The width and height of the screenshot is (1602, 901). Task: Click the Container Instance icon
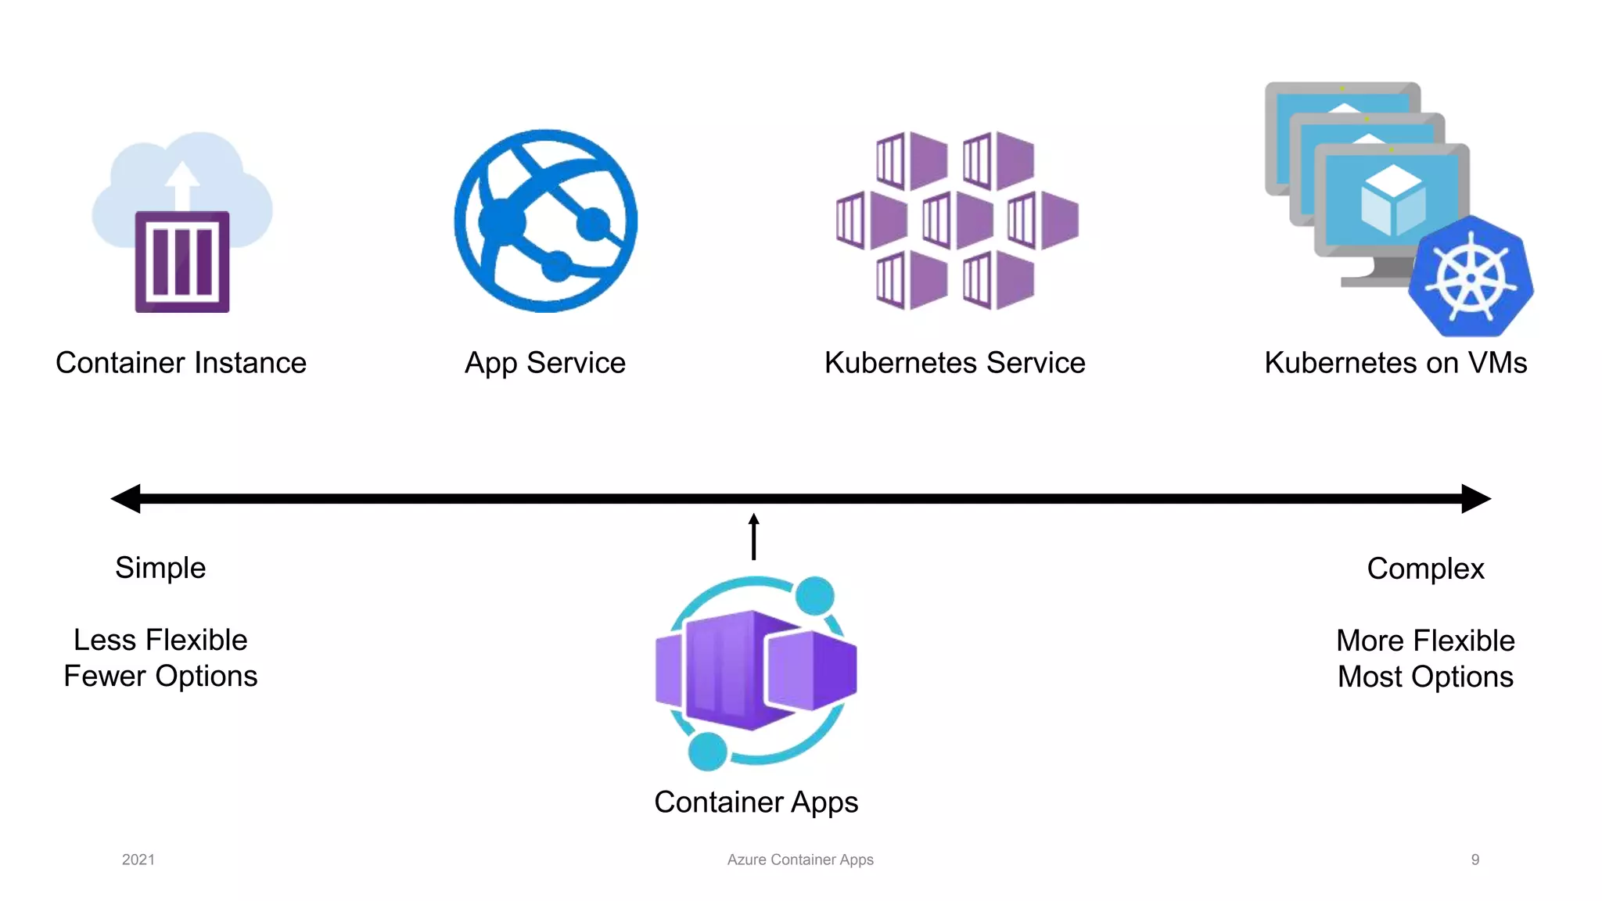pos(182,223)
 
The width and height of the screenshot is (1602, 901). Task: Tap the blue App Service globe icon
pos(546,221)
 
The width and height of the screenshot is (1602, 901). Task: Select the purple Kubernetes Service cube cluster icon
pos(957,221)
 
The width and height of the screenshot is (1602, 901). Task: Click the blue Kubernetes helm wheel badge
pos(1471,277)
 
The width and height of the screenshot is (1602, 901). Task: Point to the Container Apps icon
pos(756,671)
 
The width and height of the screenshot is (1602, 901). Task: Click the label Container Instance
pos(181,363)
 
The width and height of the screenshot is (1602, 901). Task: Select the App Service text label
pos(545,364)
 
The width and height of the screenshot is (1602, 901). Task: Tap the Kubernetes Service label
pos(954,363)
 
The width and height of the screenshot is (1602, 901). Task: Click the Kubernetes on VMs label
pos(1395,363)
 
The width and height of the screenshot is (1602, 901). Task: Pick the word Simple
pos(160,568)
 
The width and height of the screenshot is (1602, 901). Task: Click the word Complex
pos(1425,569)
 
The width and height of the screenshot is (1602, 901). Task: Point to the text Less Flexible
pos(160,640)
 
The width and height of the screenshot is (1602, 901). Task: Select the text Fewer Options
pos(160,676)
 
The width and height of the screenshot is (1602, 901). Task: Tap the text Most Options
pos(1425,677)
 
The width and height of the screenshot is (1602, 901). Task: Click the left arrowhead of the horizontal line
pos(126,498)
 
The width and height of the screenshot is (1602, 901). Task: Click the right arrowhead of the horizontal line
pos(1476,498)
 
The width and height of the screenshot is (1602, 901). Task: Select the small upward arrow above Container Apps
pos(754,536)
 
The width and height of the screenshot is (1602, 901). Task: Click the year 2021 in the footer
pos(138,860)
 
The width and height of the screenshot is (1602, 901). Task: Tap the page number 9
pos(1475,860)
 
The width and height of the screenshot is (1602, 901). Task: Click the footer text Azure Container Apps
pos(800,860)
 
